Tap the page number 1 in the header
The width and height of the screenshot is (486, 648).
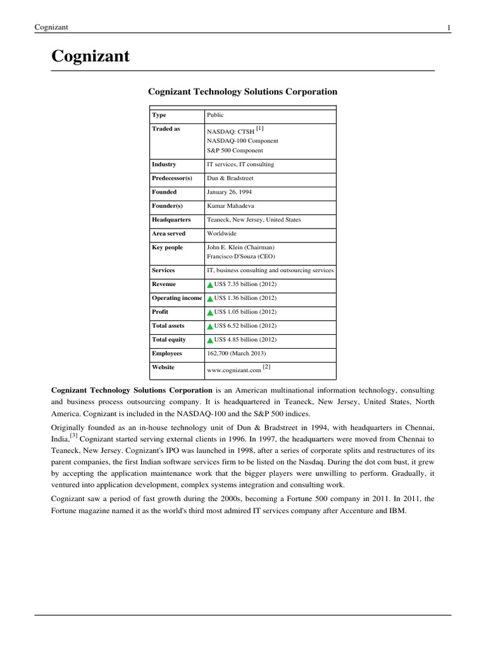(448, 27)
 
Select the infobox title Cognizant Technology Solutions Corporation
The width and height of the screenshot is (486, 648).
(242, 92)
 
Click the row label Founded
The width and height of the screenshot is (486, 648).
(165, 192)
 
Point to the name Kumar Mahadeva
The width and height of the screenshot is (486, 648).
(232, 206)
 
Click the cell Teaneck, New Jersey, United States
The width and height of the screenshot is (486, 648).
(254, 220)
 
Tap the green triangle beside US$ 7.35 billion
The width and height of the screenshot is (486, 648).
(210, 285)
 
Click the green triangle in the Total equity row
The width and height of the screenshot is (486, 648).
(210, 340)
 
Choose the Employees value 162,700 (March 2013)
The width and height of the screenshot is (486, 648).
(237, 353)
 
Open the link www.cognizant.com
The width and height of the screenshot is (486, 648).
(234, 368)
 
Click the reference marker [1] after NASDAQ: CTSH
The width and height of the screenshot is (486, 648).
(259, 128)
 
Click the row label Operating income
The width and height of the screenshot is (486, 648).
(177, 298)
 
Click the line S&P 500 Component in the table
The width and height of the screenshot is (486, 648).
(235, 151)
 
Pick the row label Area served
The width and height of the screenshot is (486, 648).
(168, 234)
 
